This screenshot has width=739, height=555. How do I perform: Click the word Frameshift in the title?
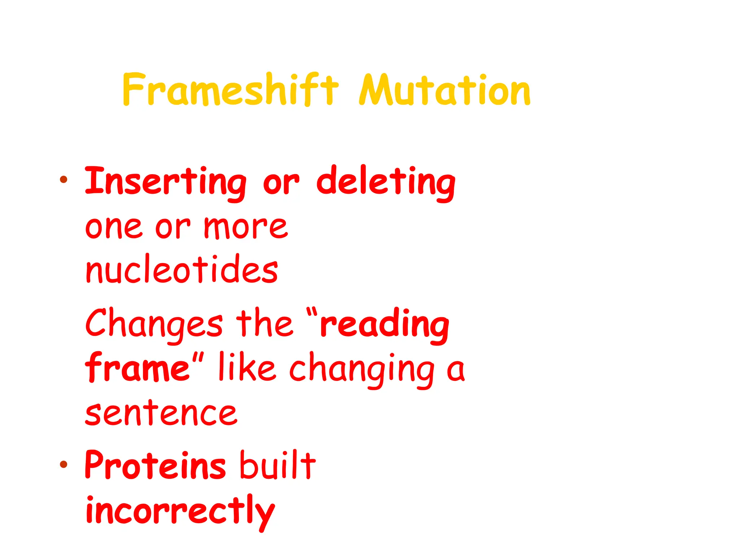[230, 90]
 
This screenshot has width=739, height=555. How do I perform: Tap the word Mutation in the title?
[445, 90]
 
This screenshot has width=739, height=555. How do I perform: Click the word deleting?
[385, 182]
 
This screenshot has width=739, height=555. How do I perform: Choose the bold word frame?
[137, 368]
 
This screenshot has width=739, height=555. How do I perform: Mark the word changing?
[362, 369]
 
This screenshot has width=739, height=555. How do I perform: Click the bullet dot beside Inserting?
[64, 179]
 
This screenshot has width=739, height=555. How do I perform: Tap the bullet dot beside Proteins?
[64, 464]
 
